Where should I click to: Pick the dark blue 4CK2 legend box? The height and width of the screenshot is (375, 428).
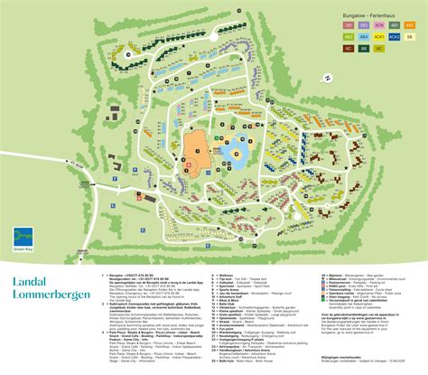tap(395, 37)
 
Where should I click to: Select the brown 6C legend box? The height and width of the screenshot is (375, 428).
tap(349, 49)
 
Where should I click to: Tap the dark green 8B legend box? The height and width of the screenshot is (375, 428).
tap(364, 49)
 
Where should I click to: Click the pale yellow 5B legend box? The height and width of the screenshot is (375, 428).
tap(410, 37)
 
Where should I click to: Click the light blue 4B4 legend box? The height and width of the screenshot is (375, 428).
tap(364, 37)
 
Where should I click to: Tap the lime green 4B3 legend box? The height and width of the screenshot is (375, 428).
tap(349, 37)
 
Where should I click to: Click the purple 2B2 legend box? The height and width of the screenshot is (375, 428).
tap(364, 25)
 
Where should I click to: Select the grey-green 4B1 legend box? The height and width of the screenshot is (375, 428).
tap(395, 25)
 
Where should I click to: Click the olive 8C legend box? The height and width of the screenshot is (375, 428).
tap(379, 49)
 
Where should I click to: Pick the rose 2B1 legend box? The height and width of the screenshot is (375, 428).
tap(349, 25)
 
